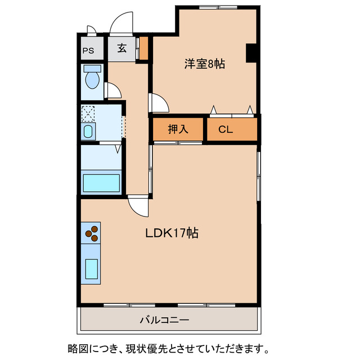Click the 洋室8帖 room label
click(204, 64)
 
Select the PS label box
click(88, 50)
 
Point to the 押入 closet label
click(177, 129)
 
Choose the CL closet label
click(226, 129)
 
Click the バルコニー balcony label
click(164, 320)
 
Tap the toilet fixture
click(92, 77)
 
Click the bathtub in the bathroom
click(101, 183)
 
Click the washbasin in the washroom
click(88, 133)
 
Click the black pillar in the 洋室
click(252, 52)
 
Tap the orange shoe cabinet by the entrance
click(143, 48)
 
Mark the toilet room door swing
click(111, 91)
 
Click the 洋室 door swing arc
click(159, 103)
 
